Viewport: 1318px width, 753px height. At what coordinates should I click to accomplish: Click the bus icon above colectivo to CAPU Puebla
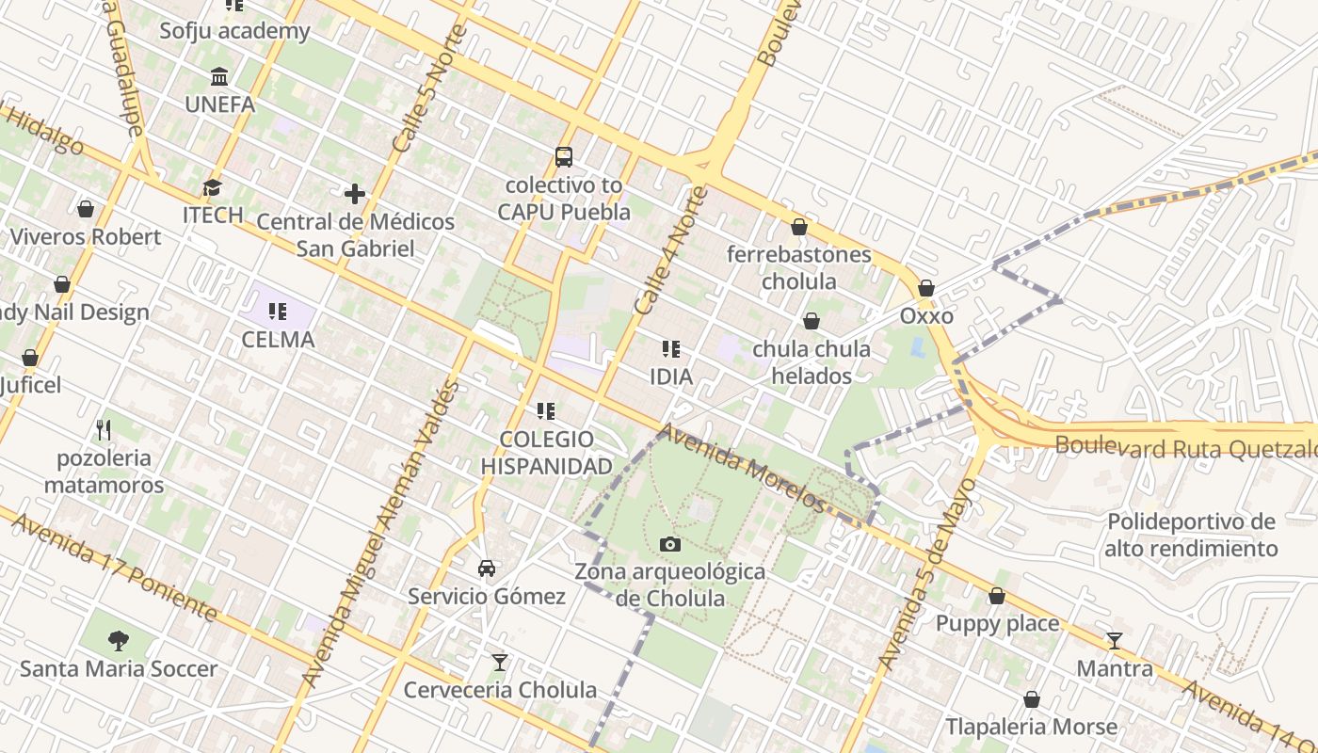pyautogui.click(x=564, y=157)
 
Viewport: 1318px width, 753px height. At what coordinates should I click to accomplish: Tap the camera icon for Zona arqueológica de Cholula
pyautogui.click(x=670, y=544)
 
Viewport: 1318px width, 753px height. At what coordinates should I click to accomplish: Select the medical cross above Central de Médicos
pyautogui.click(x=355, y=194)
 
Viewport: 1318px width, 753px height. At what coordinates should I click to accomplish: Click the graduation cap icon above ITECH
pyautogui.click(x=213, y=187)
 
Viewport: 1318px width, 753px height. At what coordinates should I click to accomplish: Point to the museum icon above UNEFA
pyautogui.click(x=219, y=76)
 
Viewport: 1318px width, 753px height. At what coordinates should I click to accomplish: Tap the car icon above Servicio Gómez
pyautogui.click(x=487, y=568)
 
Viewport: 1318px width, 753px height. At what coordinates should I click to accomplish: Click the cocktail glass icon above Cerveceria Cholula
pyautogui.click(x=500, y=663)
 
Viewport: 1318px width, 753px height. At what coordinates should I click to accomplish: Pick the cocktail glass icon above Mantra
pyautogui.click(x=1115, y=641)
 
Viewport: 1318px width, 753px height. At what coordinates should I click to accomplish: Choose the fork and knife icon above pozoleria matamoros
pyautogui.click(x=104, y=430)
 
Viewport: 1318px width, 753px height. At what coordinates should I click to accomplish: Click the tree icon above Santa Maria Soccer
pyautogui.click(x=119, y=641)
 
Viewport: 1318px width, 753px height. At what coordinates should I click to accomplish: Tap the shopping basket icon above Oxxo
pyautogui.click(x=926, y=288)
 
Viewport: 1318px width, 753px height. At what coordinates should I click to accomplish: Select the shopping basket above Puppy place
pyautogui.click(x=997, y=596)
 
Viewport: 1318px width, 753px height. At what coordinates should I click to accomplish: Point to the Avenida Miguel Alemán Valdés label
pyautogui.click(x=381, y=533)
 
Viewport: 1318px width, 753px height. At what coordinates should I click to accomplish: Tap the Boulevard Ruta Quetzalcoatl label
pyautogui.click(x=1186, y=447)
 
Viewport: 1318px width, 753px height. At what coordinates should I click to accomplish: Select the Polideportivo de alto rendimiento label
pyautogui.click(x=1191, y=535)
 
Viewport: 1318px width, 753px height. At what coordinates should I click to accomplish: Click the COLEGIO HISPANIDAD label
pyautogui.click(x=546, y=452)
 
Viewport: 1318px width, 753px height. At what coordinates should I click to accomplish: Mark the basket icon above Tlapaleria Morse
pyautogui.click(x=1032, y=699)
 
